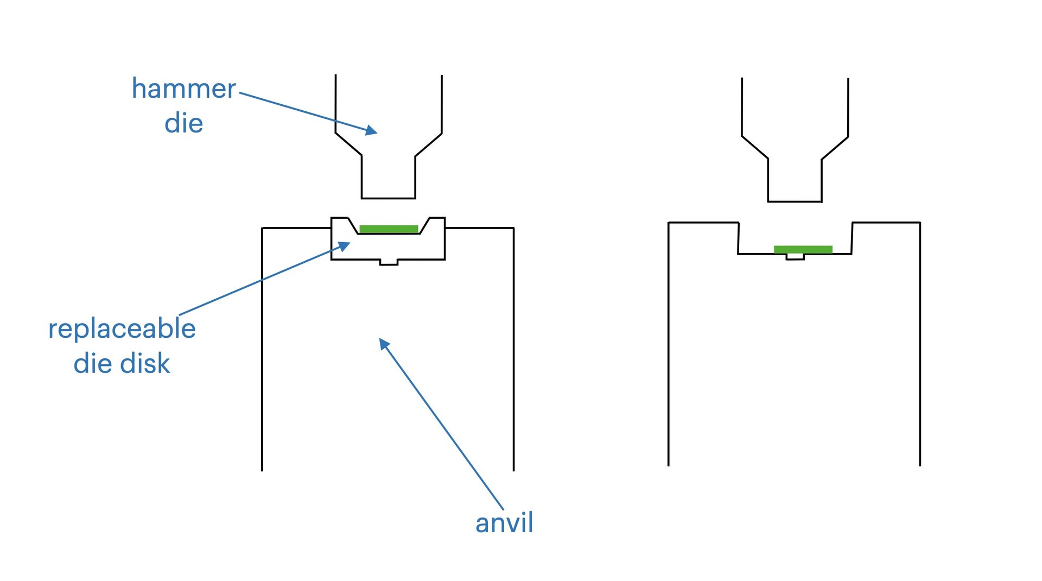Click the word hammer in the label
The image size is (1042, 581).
click(x=183, y=89)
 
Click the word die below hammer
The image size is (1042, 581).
click(x=183, y=124)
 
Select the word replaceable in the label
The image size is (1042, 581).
click(x=122, y=329)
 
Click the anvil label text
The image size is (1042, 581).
click(x=504, y=523)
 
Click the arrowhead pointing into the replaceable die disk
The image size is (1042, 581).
click(x=344, y=247)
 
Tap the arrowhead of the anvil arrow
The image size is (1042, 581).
click(x=384, y=343)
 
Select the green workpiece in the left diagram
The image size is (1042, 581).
click(x=389, y=229)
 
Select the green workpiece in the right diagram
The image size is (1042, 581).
click(x=803, y=249)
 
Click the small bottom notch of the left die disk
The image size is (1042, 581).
click(x=389, y=263)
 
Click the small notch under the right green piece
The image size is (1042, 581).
click(x=795, y=257)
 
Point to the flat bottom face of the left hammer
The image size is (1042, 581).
click(x=389, y=198)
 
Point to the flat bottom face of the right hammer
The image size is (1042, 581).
click(x=795, y=201)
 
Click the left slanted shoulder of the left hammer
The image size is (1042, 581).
click(x=348, y=144)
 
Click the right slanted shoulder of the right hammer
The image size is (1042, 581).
click(x=835, y=148)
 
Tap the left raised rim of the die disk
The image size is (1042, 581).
click(x=340, y=219)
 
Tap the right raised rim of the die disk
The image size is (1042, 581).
click(x=437, y=219)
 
